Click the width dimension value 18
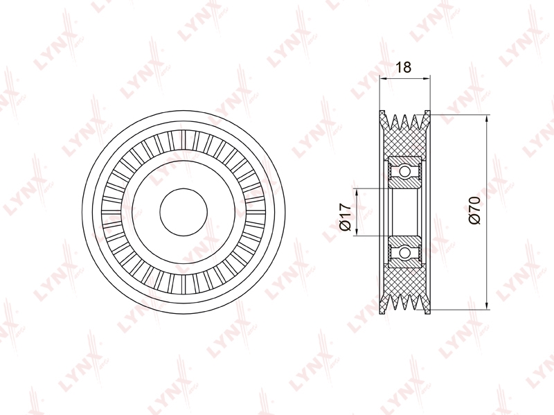(x=404, y=67)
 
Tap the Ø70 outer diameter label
(x=474, y=211)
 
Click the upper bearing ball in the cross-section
(x=405, y=172)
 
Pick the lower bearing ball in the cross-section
(x=405, y=252)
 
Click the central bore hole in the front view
(x=184, y=212)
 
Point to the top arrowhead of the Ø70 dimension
(x=487, y=119)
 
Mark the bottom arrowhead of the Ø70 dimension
(x=487, y=305)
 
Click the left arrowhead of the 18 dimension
(x=384, y=78)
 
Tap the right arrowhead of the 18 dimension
(x=427, y=78)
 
